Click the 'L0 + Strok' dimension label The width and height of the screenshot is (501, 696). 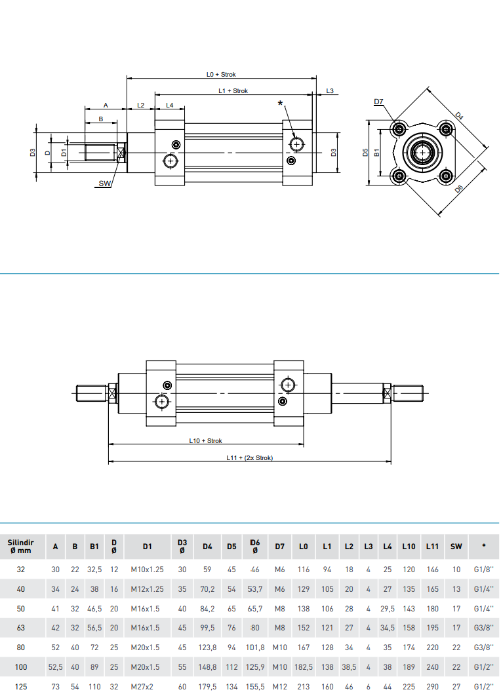pyautogui.click(x=221, y=75)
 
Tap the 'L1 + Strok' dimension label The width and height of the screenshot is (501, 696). pyautogui.click(x=233, y=90)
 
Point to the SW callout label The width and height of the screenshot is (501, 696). pyautogui.click(x=105, y=184)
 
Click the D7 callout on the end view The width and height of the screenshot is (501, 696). pyautogui.click(x=378, y=102)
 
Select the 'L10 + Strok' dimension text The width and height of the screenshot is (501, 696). pyautogui.click(x=205, y=441)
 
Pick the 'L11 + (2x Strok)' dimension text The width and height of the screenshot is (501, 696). pyautogui.click(x=249, y=457)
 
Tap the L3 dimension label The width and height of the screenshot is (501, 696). pyautogui.click(x=330, y=90)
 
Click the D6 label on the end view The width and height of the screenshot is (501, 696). pyautogui.click(x=459, y=189)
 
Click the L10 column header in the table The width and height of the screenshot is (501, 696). pyautogui.click(x=409, y=546)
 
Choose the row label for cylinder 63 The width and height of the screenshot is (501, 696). pyautogui.click(x=21, y=627)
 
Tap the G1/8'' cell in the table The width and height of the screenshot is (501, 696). pyautogui.click(x=483, y=570)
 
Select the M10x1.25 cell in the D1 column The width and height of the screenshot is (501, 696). pyautogui.click(x=148, y=570)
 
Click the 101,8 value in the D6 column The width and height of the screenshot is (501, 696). pyautogui.click(x=255, y=647)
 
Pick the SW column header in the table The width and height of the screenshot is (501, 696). pyautogui.click(x=456, y=546)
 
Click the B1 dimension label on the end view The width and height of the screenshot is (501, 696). pyautogui.click(x=377, y=152)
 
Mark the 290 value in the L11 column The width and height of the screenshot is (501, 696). pyautogui.click(x=432, y=686)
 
